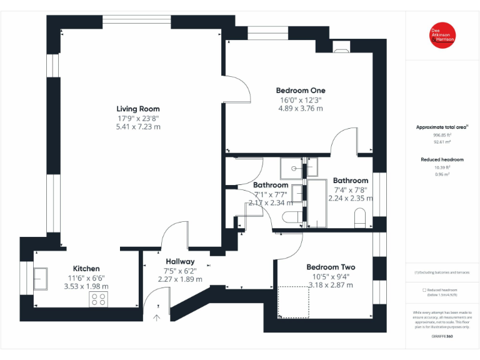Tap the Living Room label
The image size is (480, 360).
(x=138, y=109)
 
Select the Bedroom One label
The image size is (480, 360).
(x=301, y=91)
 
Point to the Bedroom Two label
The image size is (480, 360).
(x=331, y=267)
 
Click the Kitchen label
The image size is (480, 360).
(x=86, y=269)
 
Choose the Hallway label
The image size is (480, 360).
(x=180, y=261)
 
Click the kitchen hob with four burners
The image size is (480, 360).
(x=99, y=299)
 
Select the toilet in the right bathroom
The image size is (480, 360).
(x=361, y=217)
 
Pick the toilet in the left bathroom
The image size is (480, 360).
(x=292, y=217)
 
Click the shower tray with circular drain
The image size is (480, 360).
(x=291, y=167)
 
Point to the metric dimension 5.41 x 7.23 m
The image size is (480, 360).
(x=138, y=127)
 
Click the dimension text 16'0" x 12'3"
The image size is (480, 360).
(x=301, y=99)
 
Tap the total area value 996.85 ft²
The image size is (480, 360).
(x=442, y=135)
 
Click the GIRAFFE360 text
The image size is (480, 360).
(x=442, y=336)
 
